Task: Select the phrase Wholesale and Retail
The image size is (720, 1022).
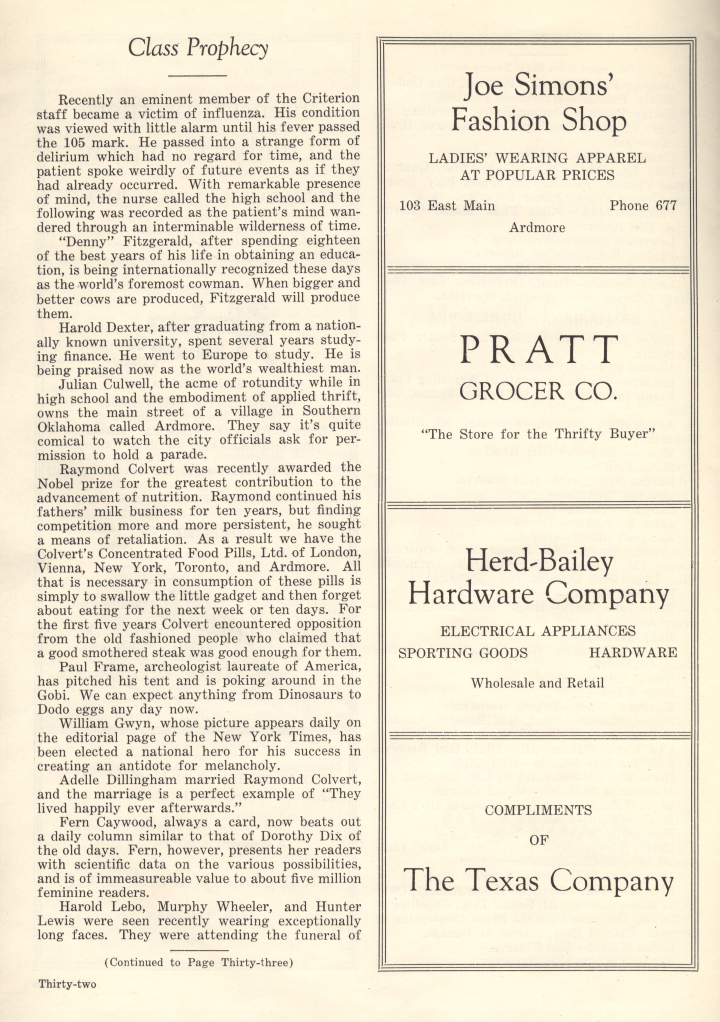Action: coord(537,683)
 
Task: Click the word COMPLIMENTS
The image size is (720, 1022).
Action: coord(538,810)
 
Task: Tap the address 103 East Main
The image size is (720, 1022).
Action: coord(447,206)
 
